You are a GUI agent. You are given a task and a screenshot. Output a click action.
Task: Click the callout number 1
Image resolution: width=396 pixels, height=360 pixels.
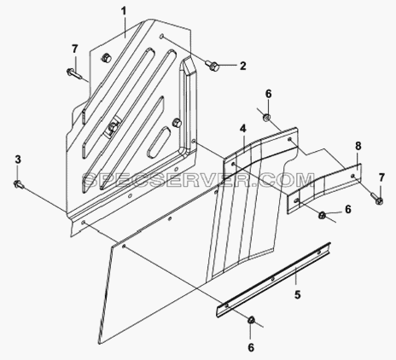tap(124, 12)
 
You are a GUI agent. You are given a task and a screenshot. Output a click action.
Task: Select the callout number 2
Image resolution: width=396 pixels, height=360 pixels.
tap(242, 66)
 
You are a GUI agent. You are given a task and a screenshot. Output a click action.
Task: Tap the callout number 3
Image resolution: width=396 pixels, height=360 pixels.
tap(18, 160)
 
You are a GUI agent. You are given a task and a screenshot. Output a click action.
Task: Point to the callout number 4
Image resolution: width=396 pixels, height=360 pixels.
tap(242, 129)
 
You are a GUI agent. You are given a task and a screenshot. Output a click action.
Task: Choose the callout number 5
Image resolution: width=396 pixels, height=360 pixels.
tap(298, 294)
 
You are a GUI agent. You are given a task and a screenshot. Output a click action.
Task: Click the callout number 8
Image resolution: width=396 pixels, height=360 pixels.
tap(358, 146)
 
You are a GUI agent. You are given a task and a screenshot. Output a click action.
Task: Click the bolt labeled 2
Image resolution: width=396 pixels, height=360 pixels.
tap(212, 66)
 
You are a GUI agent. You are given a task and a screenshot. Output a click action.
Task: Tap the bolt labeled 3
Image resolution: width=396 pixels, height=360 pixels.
tap(19, 184)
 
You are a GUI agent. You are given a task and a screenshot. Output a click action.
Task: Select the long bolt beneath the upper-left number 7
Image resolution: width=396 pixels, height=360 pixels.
tap(74, 73)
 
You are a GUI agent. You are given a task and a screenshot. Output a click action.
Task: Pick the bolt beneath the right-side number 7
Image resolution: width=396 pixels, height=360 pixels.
tap(376, 198)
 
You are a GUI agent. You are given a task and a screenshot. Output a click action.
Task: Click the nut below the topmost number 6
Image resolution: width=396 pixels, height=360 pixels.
tap(266, 117)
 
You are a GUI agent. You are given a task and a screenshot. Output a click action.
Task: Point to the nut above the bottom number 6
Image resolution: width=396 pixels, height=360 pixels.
tap(251, 319)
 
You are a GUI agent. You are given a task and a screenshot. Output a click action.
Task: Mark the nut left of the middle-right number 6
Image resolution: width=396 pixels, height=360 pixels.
tap(323, 215)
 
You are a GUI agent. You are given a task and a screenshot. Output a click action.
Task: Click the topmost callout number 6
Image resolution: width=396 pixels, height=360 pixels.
tap(269, 94)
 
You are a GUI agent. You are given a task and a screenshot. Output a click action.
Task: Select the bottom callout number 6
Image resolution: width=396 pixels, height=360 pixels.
tap(251, 347)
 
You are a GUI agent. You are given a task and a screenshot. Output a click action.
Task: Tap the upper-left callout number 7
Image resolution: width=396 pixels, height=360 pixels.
tap(74, 49)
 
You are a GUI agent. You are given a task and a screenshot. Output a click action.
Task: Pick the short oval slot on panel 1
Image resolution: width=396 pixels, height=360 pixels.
tap(159, 142)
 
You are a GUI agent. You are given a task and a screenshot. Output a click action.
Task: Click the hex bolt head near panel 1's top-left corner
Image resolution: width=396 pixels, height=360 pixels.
tap(106, 58)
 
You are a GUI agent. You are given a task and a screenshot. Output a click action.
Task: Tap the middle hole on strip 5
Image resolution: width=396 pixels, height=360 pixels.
tap(272, 278)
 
